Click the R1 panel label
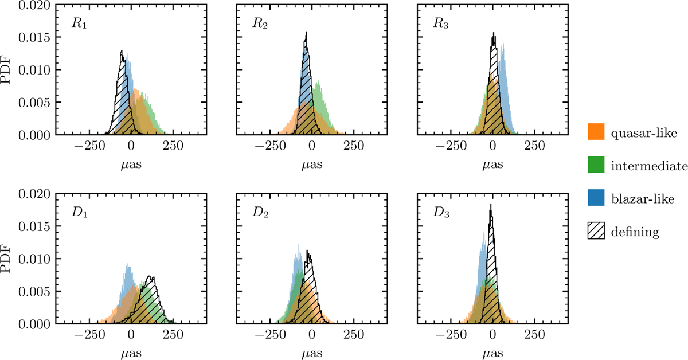(71, 27)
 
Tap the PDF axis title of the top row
(9, 69)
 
